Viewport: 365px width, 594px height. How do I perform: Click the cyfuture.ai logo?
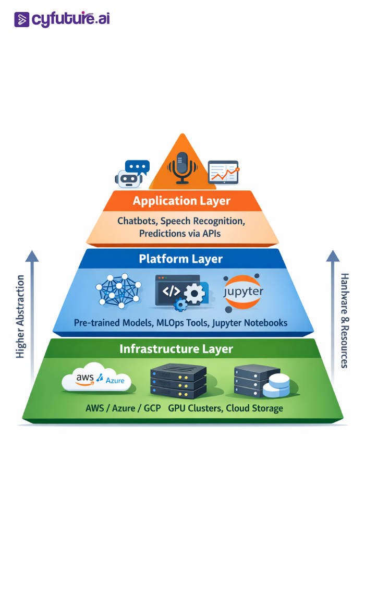coord(62,19)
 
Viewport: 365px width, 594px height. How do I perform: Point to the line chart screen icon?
coord(223,172)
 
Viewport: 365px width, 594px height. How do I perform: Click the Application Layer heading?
coord(181,201)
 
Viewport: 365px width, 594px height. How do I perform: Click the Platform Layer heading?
coord(181,259)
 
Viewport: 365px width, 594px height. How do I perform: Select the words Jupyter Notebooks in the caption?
coord(250,323)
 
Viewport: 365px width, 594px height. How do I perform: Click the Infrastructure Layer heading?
coord(176,349)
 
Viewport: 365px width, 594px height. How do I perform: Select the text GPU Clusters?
coord(196,408)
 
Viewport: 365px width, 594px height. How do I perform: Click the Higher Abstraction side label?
coord(20,317)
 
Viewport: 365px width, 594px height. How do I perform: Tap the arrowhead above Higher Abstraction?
coord(32,256)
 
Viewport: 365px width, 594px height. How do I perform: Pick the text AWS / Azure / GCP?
coord(124,408)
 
